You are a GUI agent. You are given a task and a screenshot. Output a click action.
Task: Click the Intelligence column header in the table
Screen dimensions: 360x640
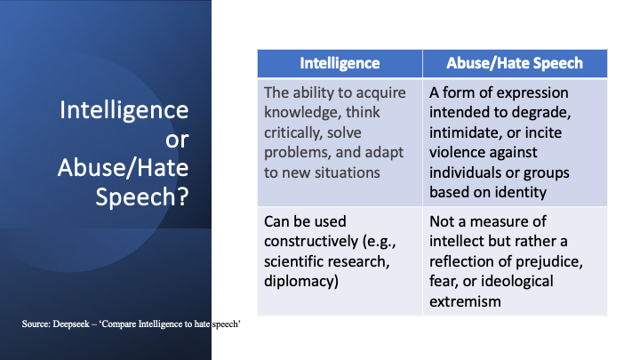[340, 63]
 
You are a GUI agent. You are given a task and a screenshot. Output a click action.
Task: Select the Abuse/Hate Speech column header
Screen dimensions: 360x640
[515, 63]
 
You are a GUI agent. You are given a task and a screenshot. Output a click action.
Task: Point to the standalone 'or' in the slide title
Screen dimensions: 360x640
[178, 139]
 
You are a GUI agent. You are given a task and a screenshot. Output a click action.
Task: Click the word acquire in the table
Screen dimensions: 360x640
[385, 93]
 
